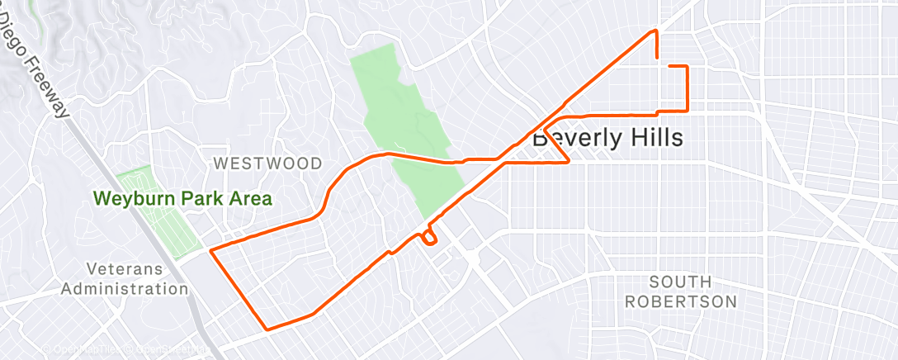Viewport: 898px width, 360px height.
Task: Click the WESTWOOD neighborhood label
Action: tap(267, 163)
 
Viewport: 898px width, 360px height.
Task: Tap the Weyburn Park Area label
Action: tap(182, 199)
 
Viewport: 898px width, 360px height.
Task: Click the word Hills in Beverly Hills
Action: tap(656, 138)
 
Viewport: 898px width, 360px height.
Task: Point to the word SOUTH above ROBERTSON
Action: tap(680, 282)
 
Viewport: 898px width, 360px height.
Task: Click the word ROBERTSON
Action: tap(680, 301)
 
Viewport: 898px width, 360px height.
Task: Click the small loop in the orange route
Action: tap(428, 238)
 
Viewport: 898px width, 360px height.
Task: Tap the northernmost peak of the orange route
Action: tap(656, 31)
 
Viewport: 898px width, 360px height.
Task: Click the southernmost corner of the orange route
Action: tap(267, 329)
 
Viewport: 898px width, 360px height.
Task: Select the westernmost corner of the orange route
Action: tap(211, 249)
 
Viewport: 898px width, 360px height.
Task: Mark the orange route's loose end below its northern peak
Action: tap(656, 58)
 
